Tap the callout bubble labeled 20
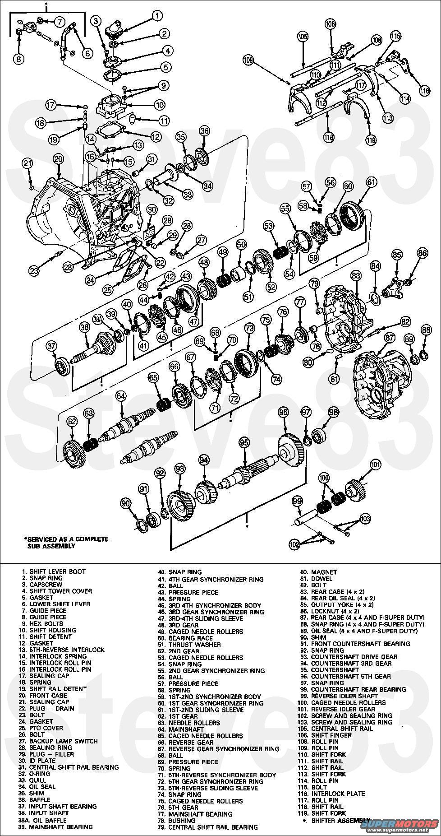[x=58, y=158]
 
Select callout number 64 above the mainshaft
[x=120, y=396]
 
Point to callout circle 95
[x=244, y=442]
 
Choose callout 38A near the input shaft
[x=98, y=319]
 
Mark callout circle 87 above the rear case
[x=390, y=337]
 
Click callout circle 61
[x=371, y=182]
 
